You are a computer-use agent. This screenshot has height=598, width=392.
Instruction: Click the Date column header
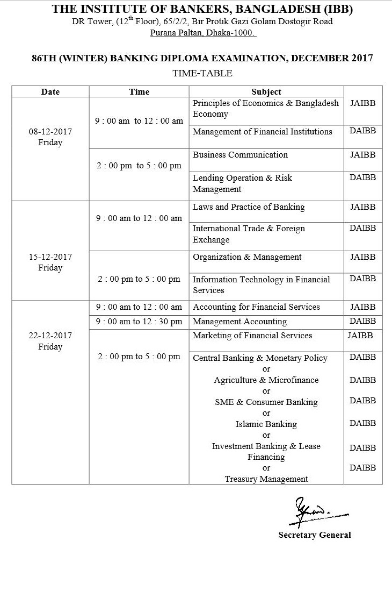click(x=50, y=92)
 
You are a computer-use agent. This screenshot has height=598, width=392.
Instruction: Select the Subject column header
click(x=266, y=92)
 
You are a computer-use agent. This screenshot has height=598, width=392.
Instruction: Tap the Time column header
click(x=139, y=92)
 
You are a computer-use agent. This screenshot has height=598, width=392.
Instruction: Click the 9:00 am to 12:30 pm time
click(x=139, y=322)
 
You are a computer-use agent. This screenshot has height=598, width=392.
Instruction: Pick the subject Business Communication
click(x=240, y=155)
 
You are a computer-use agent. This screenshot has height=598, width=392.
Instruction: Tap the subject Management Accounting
click(x=239, y=322)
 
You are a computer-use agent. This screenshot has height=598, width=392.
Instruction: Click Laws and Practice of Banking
click(x=249, y=207)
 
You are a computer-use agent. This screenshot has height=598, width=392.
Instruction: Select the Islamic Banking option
click(x=266, y=424)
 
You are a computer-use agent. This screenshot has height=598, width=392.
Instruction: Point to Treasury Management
click(x=266, y=479)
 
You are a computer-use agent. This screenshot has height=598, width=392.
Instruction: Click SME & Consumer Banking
click(x=266, y=402)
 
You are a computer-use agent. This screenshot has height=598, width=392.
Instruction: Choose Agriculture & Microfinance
click(x=266, y=380)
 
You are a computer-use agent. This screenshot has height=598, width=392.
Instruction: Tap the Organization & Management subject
click(x=246, y=257)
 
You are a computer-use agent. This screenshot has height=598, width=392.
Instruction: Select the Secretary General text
click(x=314, y=535)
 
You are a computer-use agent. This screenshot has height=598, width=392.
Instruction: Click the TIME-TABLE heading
click(x=202, y=73)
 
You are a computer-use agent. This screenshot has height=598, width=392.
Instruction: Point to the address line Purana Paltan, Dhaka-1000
click(x=203, y=33)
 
